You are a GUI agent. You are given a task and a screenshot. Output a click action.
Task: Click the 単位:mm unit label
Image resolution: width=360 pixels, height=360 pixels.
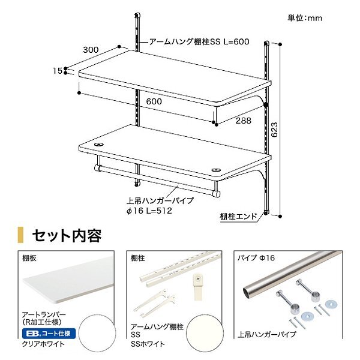pyautogui.click(x=305, y=18)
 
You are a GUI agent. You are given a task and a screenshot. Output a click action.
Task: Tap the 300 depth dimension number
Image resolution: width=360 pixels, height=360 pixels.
pyautogui.click(x=91, y=50)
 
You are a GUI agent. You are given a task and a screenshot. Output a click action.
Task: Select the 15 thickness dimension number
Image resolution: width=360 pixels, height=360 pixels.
pyautogui.click(x=58, y=71)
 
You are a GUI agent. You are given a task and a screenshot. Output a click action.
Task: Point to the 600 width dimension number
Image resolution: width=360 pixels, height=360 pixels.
pyautogui.click(x=154, y=101)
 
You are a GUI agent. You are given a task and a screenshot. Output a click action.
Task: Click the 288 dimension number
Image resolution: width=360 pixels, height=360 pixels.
pyautogui.click(x=244, y=121)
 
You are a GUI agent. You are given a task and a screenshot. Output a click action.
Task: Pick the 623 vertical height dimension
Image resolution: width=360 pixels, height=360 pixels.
pyautogui.click(x=274, y=130)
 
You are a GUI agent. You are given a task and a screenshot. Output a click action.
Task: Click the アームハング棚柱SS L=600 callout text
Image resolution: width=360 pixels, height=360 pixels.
pyautogui.click(x=199, y=41)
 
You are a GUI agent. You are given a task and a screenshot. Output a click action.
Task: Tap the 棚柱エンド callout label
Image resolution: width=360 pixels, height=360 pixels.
pyautogui.click(x=238, y=217)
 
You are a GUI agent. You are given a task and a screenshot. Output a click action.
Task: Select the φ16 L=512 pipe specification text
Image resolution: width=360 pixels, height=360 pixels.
pyautogui.click(x=149, y=211)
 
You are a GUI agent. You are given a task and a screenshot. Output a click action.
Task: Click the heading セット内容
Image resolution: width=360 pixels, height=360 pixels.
pyautogui.click(x=67, y=235)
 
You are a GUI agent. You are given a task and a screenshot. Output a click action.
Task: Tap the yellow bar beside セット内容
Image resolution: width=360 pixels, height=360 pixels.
pyautogui.click(x=20, y=235)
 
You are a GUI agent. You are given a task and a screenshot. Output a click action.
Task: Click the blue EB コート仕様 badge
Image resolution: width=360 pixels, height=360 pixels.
pyautogui.click(x=49, y=334)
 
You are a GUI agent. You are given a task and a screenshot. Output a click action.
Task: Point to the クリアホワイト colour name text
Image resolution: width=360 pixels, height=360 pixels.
pyautogui.click(x=43, y=344)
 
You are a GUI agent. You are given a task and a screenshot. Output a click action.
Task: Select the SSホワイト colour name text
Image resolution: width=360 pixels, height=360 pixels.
pyautogui.click(x=148, y=344)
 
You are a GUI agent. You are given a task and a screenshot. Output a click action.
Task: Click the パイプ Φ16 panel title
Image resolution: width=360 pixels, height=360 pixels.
pyautogui.click(x=256, y=258)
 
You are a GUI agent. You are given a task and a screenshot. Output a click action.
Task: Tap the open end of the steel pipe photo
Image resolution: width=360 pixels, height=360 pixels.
pyautogui.click(x=247, y=292)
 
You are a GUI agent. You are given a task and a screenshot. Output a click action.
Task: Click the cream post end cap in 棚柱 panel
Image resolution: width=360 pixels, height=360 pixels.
pyautogui.click(x=198, y=287)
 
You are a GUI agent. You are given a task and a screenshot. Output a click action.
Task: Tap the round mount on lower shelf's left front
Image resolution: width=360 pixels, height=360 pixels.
pyautogui.click(x=99, y=145)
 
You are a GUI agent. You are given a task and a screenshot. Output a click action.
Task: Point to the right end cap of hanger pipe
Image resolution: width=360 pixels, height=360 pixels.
pyautogui.click(x=216, y=194)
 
